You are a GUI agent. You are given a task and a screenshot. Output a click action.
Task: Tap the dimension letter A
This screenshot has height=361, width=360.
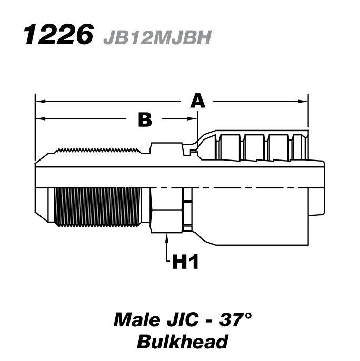[x=197, y=100]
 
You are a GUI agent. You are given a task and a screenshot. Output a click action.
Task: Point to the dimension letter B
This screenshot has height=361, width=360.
[x=144, y=120]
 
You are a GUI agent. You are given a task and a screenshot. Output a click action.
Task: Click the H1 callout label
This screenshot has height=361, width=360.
[x=185, y=262]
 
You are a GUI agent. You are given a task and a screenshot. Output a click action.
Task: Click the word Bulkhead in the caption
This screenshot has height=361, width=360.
[x=182, y=342]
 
